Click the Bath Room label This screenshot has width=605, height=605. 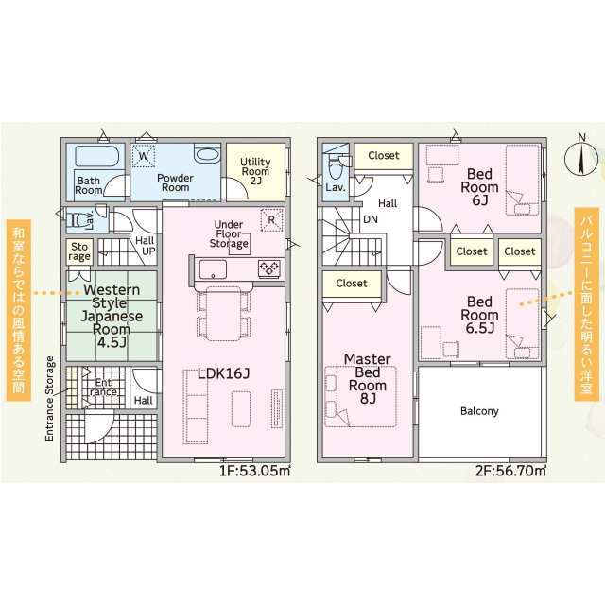(89, 185)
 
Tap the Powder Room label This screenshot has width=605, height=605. (175, 181)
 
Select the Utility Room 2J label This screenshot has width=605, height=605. (255, 171)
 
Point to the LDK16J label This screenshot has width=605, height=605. (224, 374)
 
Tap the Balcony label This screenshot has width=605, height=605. (479, 411)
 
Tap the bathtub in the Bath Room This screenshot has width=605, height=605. (95, 157)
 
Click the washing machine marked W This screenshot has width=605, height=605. (145, 157)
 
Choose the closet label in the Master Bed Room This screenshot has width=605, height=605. (352, 283)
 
